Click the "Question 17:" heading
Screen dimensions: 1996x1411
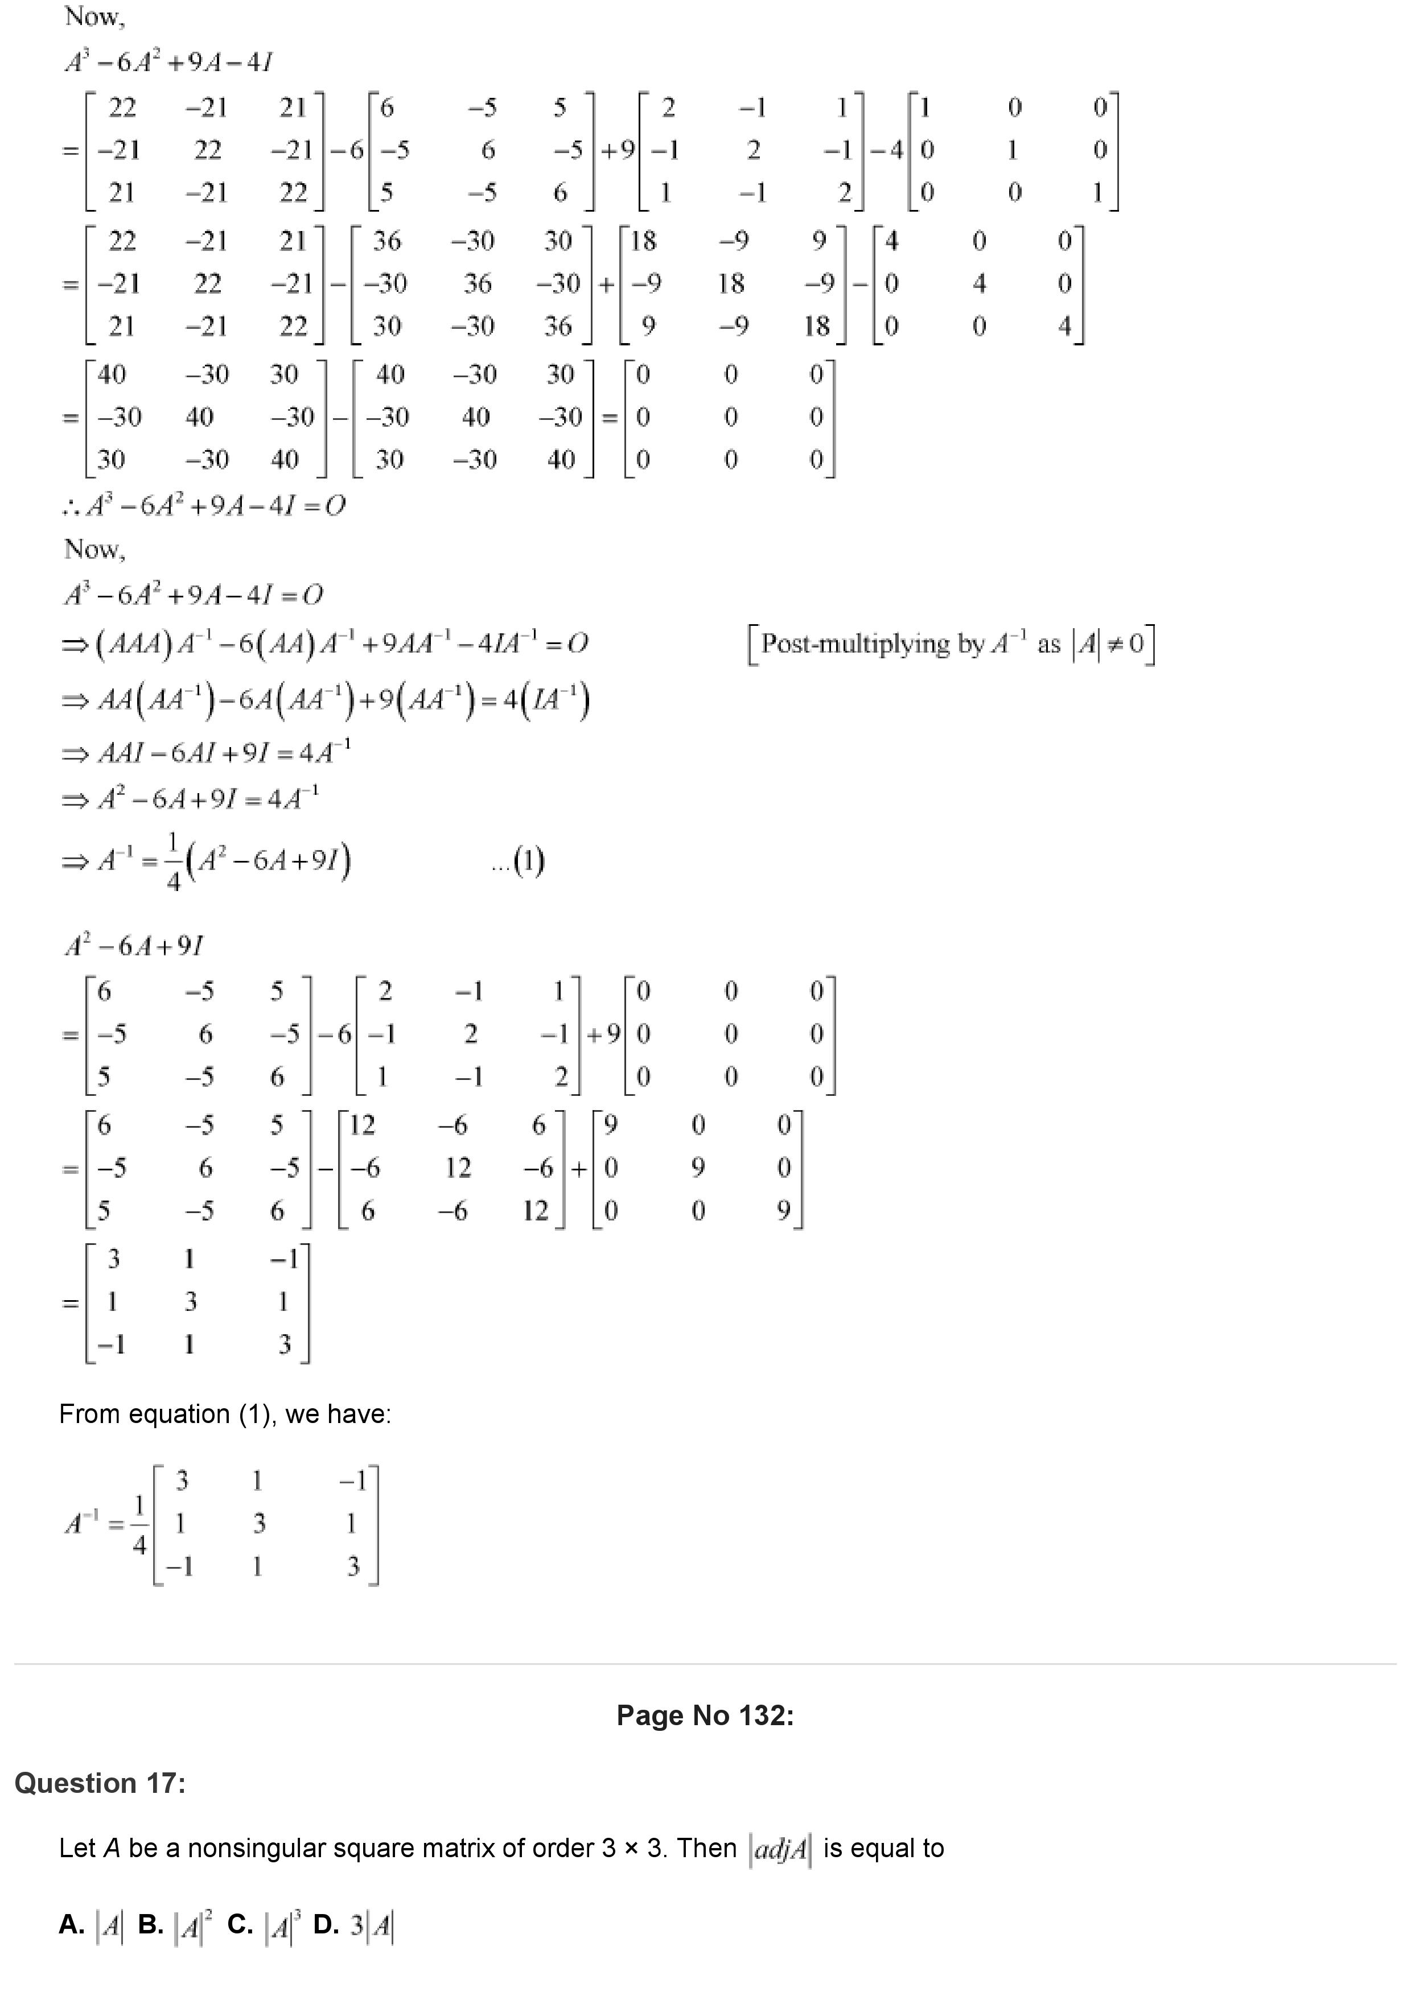(x=100, y=1783)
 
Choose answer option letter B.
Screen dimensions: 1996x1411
(x=150, y=1924)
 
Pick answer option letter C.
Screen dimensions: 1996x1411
(x=239, y=1924)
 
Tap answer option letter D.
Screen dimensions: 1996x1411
(x=325, y=1924)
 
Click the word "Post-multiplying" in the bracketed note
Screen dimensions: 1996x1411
(x=854, y=644)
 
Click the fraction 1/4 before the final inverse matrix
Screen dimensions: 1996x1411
(x=139, y=1524)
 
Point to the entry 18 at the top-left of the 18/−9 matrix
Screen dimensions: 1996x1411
(x=643, y=241)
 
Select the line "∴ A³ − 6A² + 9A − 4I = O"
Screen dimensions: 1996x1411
(x=204, y=506)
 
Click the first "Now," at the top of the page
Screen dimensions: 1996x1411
(x=94, y=16)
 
